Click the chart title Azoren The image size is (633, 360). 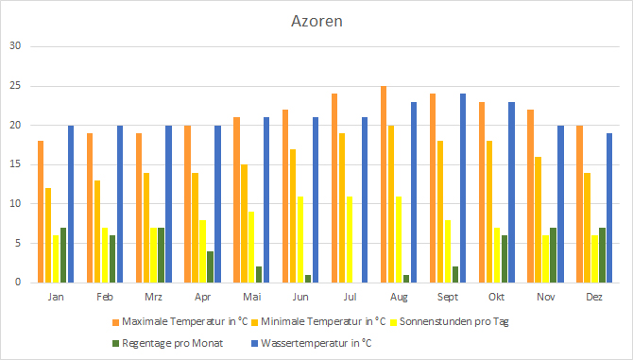coord(316,21)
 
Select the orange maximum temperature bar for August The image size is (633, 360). coord(384,184)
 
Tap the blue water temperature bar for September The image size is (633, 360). coord(463,188)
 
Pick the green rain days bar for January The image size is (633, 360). coord(63,255)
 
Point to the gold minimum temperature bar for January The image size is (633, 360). coord(48,235)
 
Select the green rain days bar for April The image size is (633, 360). coord(210,266)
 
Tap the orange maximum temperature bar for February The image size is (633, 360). coord(90,208)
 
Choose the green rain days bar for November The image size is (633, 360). coord(553,255)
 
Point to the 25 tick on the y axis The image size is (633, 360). coord(13,86)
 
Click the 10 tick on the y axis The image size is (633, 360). coord(13,204)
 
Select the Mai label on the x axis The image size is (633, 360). coord(252,296)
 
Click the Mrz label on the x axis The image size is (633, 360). coord(154,296)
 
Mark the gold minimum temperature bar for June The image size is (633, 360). coord(294,215)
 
